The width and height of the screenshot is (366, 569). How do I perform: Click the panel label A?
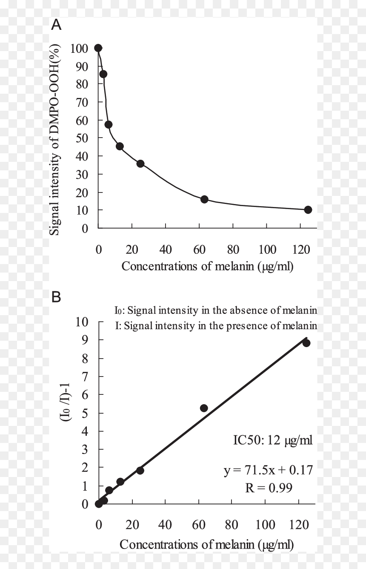click(x=56, y=25)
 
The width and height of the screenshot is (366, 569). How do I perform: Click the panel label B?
click(x=56, y=297)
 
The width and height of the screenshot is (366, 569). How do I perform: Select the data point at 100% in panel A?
click(x=98, y=48)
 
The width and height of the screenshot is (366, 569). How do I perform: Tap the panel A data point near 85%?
click(x=103, y=74)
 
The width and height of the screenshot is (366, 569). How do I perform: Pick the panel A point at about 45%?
click(x=120, y=147)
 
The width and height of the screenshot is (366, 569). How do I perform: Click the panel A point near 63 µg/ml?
click(x=204, y=199)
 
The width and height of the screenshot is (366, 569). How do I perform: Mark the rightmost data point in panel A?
click(x=308, y=210)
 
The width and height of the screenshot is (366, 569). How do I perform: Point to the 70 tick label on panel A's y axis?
click(x=82, y=102)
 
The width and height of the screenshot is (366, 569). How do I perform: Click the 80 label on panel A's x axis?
click(x=233, y=250)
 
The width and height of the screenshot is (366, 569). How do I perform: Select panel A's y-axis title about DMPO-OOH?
click(x=55, y=140)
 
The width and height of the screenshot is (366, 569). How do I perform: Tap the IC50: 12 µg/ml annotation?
click(x=273, y=440)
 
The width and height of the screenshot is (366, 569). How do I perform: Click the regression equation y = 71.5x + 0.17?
click(x=268, y=470)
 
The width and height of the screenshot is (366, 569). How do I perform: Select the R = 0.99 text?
click(x=269, y=488)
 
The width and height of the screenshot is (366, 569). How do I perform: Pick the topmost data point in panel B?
click(x=306, y=343)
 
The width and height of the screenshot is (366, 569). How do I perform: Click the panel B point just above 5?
click(x=204, y=408)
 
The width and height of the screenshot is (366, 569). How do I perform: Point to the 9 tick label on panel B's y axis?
click(x=85, y=339)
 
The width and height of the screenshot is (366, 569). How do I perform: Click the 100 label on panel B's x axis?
click(x=265, y=525)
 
